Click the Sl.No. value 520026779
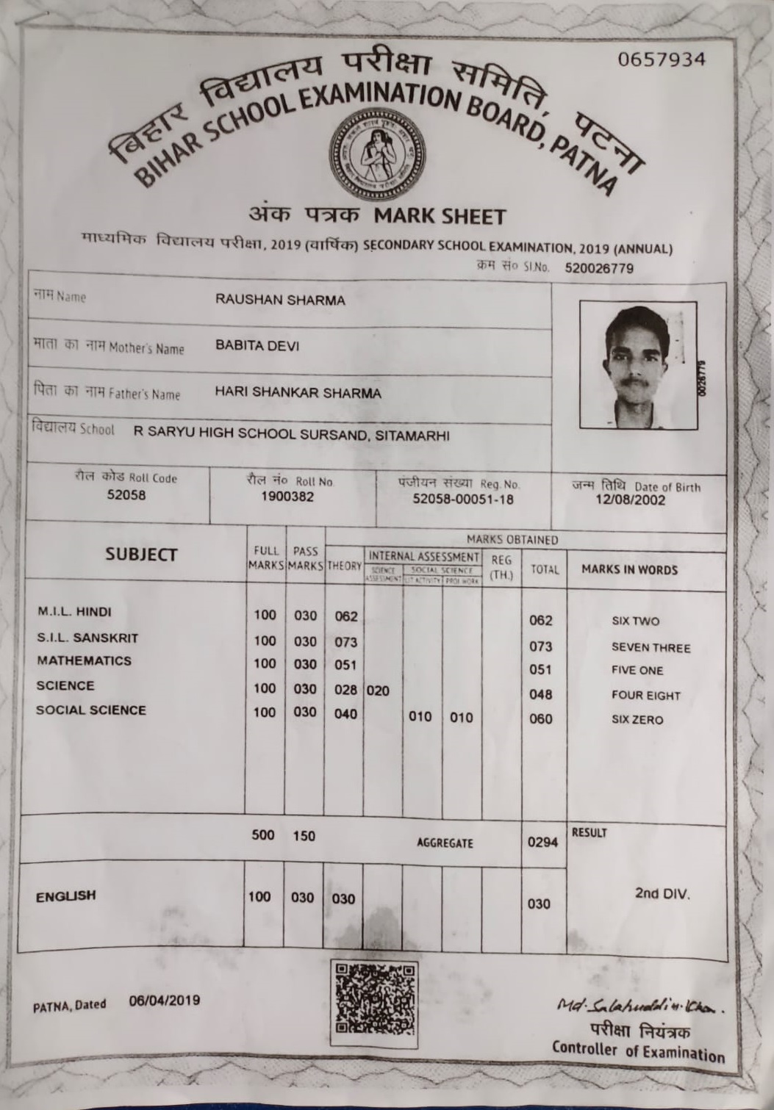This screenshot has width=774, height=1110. (598, 268)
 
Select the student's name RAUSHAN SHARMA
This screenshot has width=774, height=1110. (280, 300)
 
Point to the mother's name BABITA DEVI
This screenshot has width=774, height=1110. (257, 346)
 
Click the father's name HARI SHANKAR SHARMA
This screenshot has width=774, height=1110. (298, 393)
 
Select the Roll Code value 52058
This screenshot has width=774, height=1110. (126, 495)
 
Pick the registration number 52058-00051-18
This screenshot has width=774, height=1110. (463, 500)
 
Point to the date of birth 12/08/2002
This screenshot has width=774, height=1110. (631, 500)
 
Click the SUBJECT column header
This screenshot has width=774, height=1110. (141, 555)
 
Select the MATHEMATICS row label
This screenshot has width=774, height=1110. (84, 660)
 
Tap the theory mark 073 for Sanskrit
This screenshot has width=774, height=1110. (345, 642)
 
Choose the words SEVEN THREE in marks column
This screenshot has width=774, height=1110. (651, 648)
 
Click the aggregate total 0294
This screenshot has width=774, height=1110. (542, 843)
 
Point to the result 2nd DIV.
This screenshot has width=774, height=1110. (662, 894)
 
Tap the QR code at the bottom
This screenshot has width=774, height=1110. (374, 1003)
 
